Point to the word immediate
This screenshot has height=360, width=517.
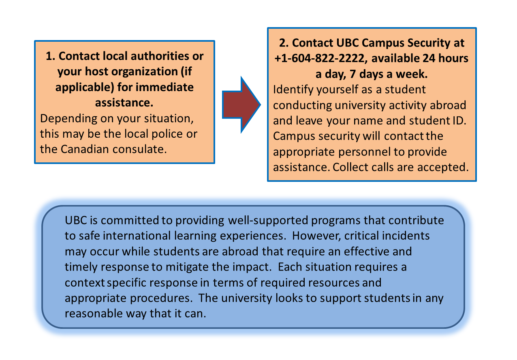coord(164,87)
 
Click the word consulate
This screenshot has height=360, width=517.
coord(139,149)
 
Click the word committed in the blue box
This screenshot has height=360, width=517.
coord(130,220)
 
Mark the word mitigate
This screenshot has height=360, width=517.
coord(187,267)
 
